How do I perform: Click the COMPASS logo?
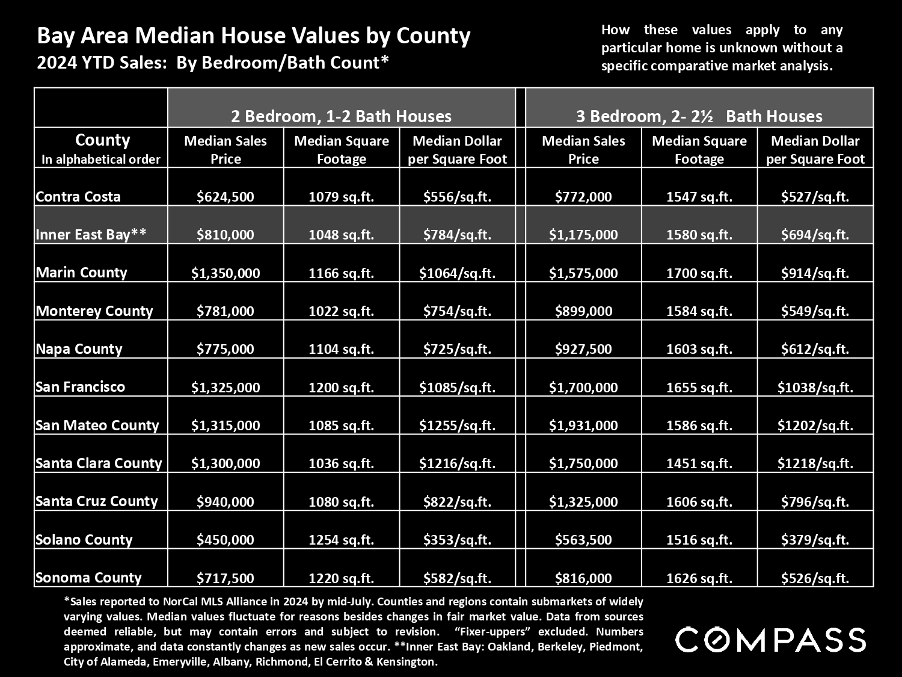tap(770, 640)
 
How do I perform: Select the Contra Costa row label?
tap(78, 197)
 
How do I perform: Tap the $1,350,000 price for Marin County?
tap(226, 273)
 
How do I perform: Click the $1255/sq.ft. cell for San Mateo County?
tap(458, 425)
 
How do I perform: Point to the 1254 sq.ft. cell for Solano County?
tap(342, 540)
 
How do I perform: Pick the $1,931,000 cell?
tap(583, 425)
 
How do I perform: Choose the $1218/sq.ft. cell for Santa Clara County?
tap(815, 463)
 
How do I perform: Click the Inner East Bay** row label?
tap(91, 234)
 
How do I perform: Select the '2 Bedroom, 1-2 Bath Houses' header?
tap(341, 116)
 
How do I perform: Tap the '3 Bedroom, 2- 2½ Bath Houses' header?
tap(699, 116)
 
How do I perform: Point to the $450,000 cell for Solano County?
tap(226, 540)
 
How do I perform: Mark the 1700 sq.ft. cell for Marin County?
tap(699, 273)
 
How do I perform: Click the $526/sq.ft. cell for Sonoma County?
tap(815, 578)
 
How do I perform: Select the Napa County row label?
tap(79, 349)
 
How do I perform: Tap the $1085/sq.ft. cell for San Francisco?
tap(458, 387)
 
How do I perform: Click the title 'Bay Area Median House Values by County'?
tap(254, 36)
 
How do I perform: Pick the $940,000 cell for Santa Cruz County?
tap(226, 501)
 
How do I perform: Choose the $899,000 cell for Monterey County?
tap(583, 311)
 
